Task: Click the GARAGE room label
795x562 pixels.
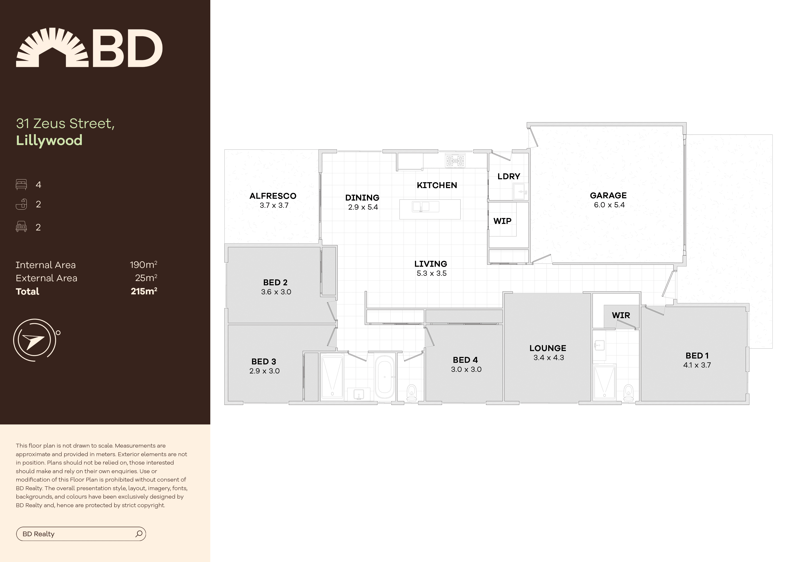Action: (608, 195)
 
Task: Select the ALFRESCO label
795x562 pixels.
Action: (273, 196)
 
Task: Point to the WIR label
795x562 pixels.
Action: (621, 315)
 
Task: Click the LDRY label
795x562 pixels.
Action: (509, 177)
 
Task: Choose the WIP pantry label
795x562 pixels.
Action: (502, 221)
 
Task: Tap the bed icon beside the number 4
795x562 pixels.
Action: (21, 184)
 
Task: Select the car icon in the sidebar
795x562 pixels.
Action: (21, 227)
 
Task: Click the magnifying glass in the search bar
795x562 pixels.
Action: (139, 534)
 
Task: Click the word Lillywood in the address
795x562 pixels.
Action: (49, 140)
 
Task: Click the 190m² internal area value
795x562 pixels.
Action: (143, 265)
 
